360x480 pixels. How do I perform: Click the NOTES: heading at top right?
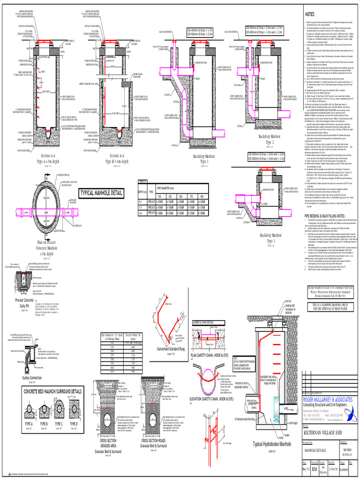pos(312,15)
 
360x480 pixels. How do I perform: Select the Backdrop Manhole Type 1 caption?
pos(204,158)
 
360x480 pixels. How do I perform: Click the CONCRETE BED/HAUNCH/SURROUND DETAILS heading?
pos(52,391)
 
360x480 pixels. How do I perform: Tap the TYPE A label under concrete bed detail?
pos(29,423)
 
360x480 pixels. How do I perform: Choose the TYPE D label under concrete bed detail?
pos(74,423)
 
